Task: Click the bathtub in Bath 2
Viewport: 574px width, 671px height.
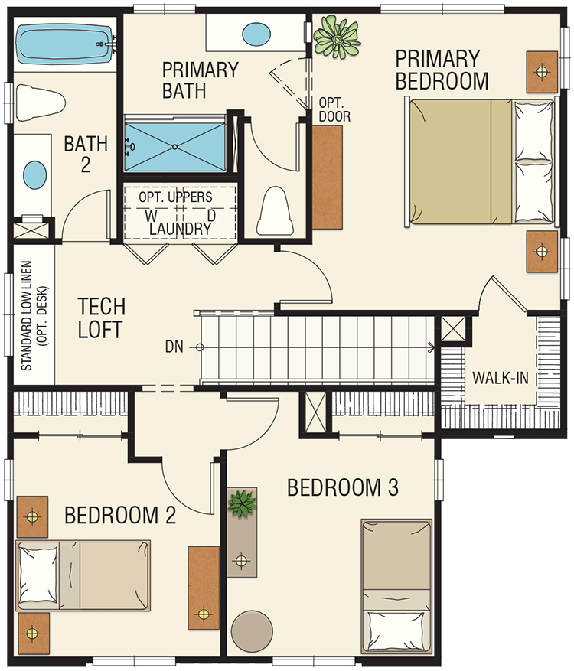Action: (x=66, y=44)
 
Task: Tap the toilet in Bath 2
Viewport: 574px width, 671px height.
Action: (x=41, y=103)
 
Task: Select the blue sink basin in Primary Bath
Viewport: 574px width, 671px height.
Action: (x=256, y=34)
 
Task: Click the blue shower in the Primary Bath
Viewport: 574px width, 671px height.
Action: (x=174, y=147)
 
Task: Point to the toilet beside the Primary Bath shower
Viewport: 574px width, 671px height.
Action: (x=275, y=210)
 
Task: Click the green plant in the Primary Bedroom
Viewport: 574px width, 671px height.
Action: (x=337, y=37)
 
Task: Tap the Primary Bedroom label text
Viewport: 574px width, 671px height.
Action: (x=442, y=70)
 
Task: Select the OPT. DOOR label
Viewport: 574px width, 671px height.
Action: (x=334, y=110)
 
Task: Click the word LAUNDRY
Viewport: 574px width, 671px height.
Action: (x=180, y=229)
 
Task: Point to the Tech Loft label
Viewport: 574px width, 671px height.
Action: (x=102, y=318)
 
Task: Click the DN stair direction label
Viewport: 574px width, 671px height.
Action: (x=174, y=347)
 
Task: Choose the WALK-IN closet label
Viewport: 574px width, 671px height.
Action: (x=500, y=378)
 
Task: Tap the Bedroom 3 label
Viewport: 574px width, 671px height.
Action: (x=342, y=488)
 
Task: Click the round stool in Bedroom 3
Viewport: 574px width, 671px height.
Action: (x=252, y=630)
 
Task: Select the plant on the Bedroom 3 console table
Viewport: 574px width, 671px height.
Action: (x=243, y=503)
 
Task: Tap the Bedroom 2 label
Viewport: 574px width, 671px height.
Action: (x=120, y=515)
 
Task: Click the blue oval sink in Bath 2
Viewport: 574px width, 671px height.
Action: (x=34, y=176)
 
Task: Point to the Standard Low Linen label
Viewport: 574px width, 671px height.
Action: (x=34, y=316)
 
